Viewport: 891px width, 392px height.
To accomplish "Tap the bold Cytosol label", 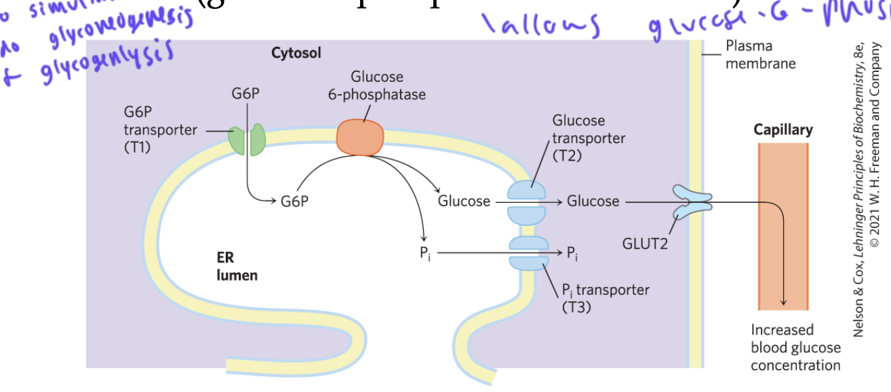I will (296, 53).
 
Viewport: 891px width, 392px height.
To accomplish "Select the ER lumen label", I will (237, 266).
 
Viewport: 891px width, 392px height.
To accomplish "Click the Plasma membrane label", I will (760, 54).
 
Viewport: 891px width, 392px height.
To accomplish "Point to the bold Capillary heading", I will (783, 130).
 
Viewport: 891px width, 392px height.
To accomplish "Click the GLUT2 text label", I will (645, 241).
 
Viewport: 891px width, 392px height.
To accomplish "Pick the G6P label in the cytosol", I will (245, 94).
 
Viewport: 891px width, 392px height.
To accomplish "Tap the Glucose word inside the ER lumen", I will (464, 201).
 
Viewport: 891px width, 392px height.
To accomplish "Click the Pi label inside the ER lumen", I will (424, 254).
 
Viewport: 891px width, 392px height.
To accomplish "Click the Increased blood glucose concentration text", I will (795, 347).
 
